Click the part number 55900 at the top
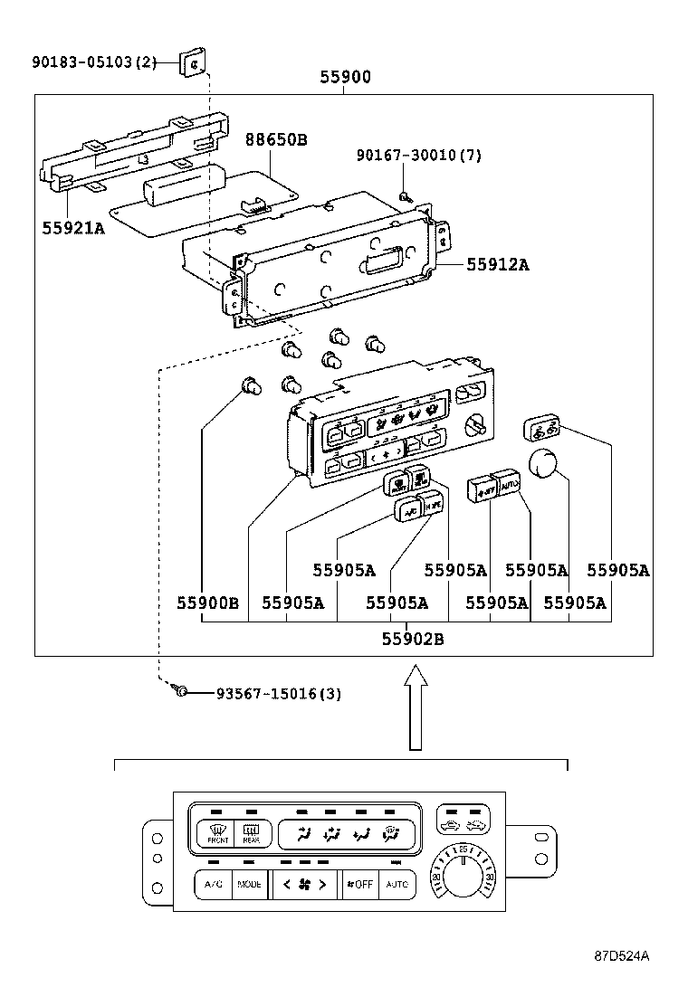(345, 78)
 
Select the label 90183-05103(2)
(94, 62)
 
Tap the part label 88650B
(276, 140)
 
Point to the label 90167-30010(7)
(418, 156)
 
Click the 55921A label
(73, 228)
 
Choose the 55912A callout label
(497, 264)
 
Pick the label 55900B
(207, 603)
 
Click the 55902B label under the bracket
(412, 639)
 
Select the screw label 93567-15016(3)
(278, 694)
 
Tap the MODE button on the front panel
(250, 884)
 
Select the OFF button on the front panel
(360, 884)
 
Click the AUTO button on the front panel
(397, 884)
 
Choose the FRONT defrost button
(217, 832)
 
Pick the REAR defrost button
(251, 832)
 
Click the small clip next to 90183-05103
(191, 62)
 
